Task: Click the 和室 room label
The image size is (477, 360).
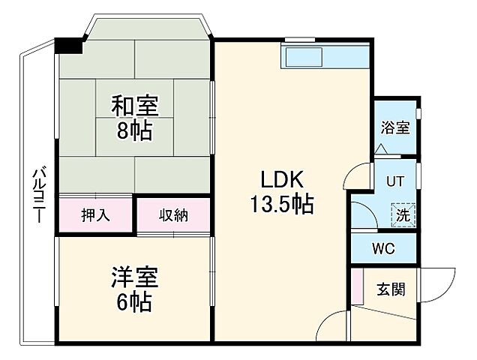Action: (x=135, y=106)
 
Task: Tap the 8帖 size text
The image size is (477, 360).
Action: (x=135, y=131)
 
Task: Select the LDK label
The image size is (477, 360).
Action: (x=281, y=179)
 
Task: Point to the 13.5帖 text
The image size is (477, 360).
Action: (x=282, y=203)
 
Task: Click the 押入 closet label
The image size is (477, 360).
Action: (x=96, y=215)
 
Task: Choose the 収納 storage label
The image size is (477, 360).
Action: (x=173, y=215)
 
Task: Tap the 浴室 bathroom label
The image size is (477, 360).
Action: (x=395, y=127)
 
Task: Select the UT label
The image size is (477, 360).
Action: (x=394, y=181)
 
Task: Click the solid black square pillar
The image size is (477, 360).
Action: (x=70, y=45)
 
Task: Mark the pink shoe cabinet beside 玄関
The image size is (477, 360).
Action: (x=356, y=286)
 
